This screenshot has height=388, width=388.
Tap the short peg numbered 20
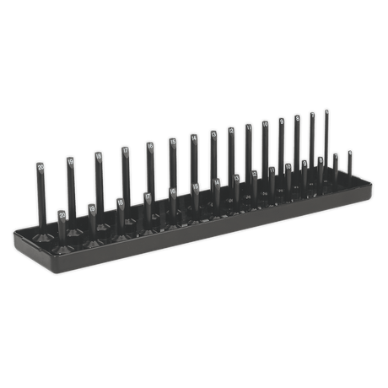(63, 224)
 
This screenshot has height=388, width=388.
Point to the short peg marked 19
(92, 215)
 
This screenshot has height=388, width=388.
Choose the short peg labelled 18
(120, 209)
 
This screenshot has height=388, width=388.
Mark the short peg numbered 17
(147, 204)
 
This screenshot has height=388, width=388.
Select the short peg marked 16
(172, 199)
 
